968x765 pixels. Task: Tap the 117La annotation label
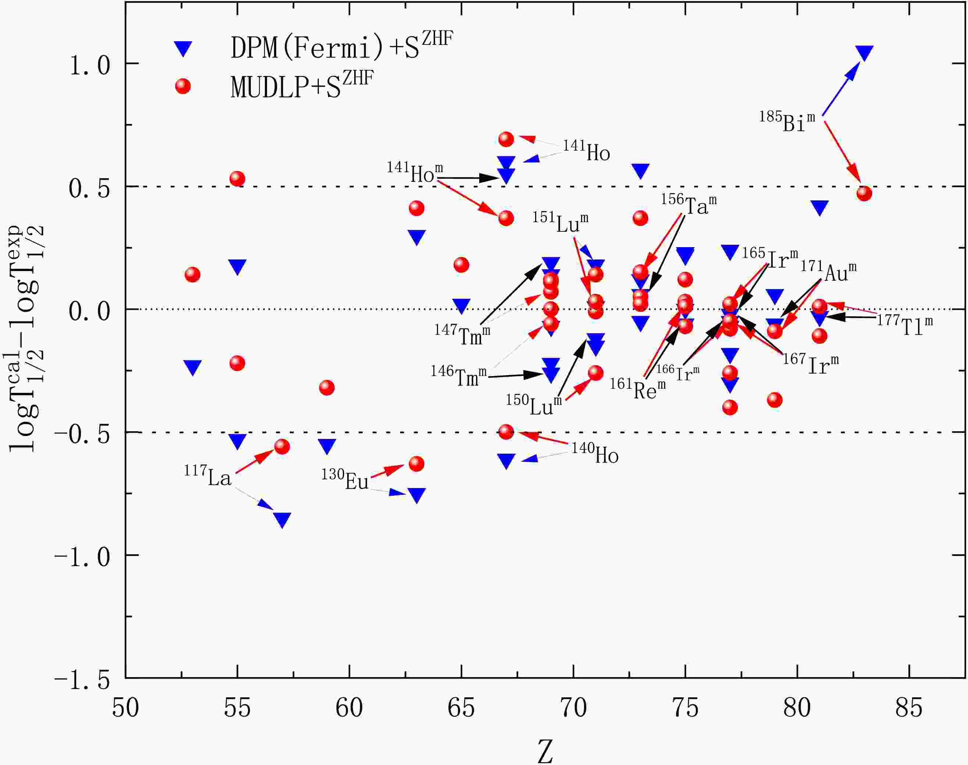click(208, 477)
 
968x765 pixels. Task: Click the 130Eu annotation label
click(345, 480)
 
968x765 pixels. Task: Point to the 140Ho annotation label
click(595, 453)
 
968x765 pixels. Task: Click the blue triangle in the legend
click(183, 48)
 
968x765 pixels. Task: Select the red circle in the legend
click(183, 86)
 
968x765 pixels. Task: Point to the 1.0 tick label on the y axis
click(90, 65)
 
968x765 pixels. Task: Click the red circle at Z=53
click(193, 275)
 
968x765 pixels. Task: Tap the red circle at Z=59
click(327, 387)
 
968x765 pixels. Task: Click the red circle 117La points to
click(282, 446)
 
